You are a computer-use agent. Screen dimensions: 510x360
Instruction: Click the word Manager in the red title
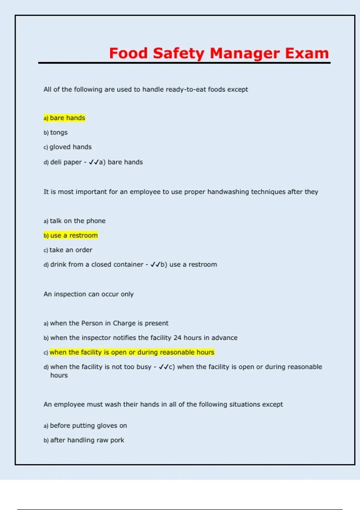click(244, 53)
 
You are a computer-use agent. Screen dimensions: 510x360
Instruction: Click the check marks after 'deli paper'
click(94, 162)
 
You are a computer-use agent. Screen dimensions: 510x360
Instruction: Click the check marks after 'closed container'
click(155, 264)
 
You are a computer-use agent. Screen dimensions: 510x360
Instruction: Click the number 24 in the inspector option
click(177, 338)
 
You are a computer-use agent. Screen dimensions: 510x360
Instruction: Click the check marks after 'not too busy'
click(163, 367)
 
